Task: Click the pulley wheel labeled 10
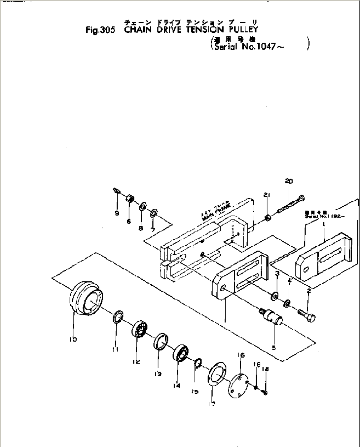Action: [x=86, y=301]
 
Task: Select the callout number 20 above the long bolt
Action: [x=288, y=181]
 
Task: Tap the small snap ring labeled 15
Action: [x=198, y=363]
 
